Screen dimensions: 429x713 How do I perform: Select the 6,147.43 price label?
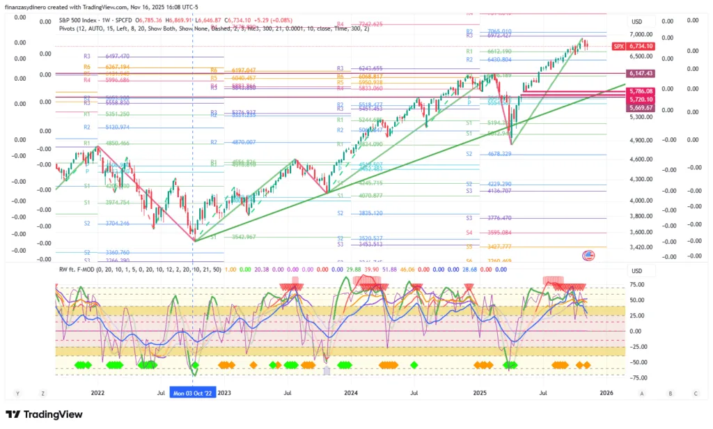640,73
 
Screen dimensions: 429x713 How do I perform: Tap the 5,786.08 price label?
640,91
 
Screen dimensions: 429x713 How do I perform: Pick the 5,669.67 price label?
640,108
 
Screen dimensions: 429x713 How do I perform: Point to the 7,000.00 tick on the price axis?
640,34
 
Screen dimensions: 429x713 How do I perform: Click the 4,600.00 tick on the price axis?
640,159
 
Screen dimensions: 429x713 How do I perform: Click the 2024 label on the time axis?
350,393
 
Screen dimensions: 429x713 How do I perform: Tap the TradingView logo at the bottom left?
44,414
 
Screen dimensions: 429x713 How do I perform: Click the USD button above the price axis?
637,21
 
